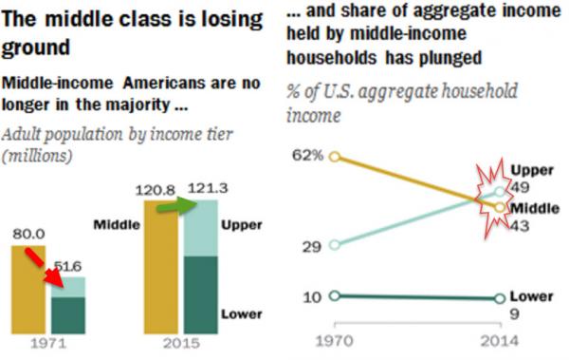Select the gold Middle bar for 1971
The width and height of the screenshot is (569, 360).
(x=28, y=285)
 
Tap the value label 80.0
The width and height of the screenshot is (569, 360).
(x=29, y=231)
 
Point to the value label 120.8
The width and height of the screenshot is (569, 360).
(x=159, y=188)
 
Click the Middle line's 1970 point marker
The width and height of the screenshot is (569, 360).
(x=334, y=156)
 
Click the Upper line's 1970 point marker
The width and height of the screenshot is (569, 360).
(x=334, y=245)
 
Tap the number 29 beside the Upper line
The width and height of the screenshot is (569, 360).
(x=311, y=245)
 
